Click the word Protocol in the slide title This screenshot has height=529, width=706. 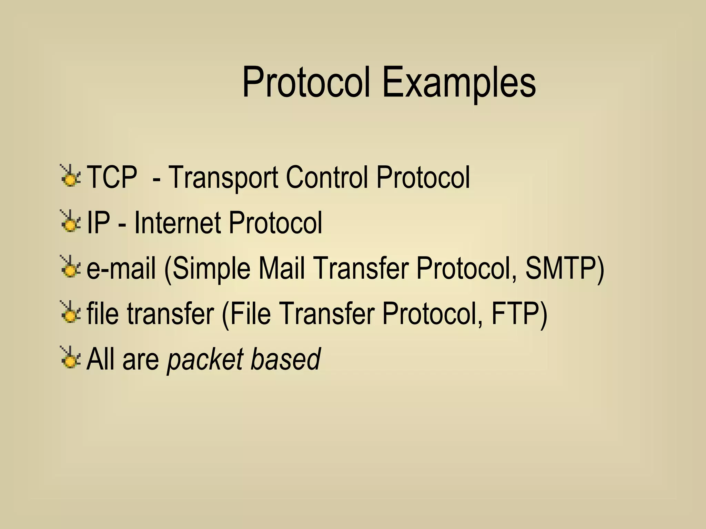click(306, 83)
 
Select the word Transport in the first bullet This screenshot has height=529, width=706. click(223, 178)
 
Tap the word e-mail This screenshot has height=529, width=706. click(121, 268)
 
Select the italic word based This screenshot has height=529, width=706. click(285, 359)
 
